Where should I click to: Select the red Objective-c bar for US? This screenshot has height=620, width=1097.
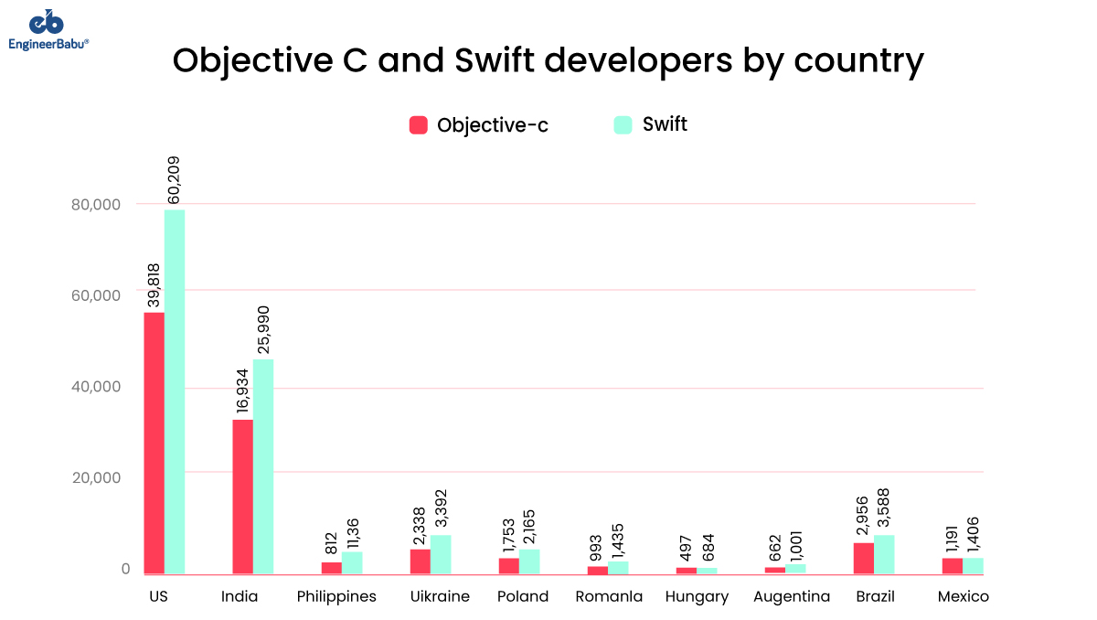click(154, 444)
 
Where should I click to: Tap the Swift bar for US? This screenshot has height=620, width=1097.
click(175, 392)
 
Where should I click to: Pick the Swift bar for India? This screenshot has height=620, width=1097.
click(263, 466)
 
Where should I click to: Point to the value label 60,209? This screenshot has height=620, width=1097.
click(175, 179)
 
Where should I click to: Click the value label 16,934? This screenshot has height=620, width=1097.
click(243, 391)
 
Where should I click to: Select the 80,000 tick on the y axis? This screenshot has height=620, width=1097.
click(96, 204)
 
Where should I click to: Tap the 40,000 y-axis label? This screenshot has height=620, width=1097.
click(96, 387)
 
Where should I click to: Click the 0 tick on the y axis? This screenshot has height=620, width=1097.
click(125, 569)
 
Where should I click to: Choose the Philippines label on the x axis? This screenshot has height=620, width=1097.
click(336, 597)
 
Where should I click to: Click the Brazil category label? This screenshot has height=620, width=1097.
click(875, 597)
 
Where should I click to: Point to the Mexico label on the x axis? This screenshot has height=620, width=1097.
click(964, 597)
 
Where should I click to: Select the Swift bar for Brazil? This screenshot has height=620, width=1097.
click(884, 554)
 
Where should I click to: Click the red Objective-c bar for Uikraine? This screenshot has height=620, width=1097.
click(420, 561)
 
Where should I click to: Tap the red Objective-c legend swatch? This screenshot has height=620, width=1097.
click(419, 125)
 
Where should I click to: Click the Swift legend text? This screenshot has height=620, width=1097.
click(665, 124)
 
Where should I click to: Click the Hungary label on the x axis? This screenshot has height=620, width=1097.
click(697, 597)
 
